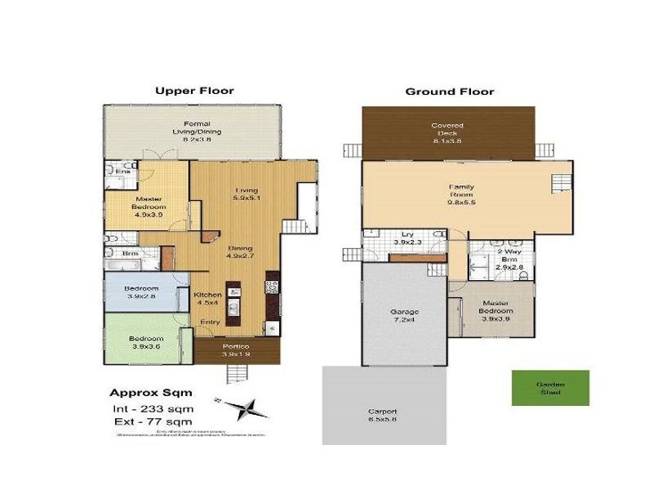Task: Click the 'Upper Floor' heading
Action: click(x=194, y=91)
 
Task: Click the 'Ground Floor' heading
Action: click(x=449, y=91)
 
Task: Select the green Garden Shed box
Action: click(x=550, y=388)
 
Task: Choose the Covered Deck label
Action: click(x=446, y=131)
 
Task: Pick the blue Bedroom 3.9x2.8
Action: click(x=140, y=293)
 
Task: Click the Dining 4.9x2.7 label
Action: click(x=240, y=252)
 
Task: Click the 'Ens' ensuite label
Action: click(x=123, y=171)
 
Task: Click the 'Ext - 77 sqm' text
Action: click(x=150, y=422)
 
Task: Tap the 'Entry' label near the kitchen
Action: click(x=210, y=322)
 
